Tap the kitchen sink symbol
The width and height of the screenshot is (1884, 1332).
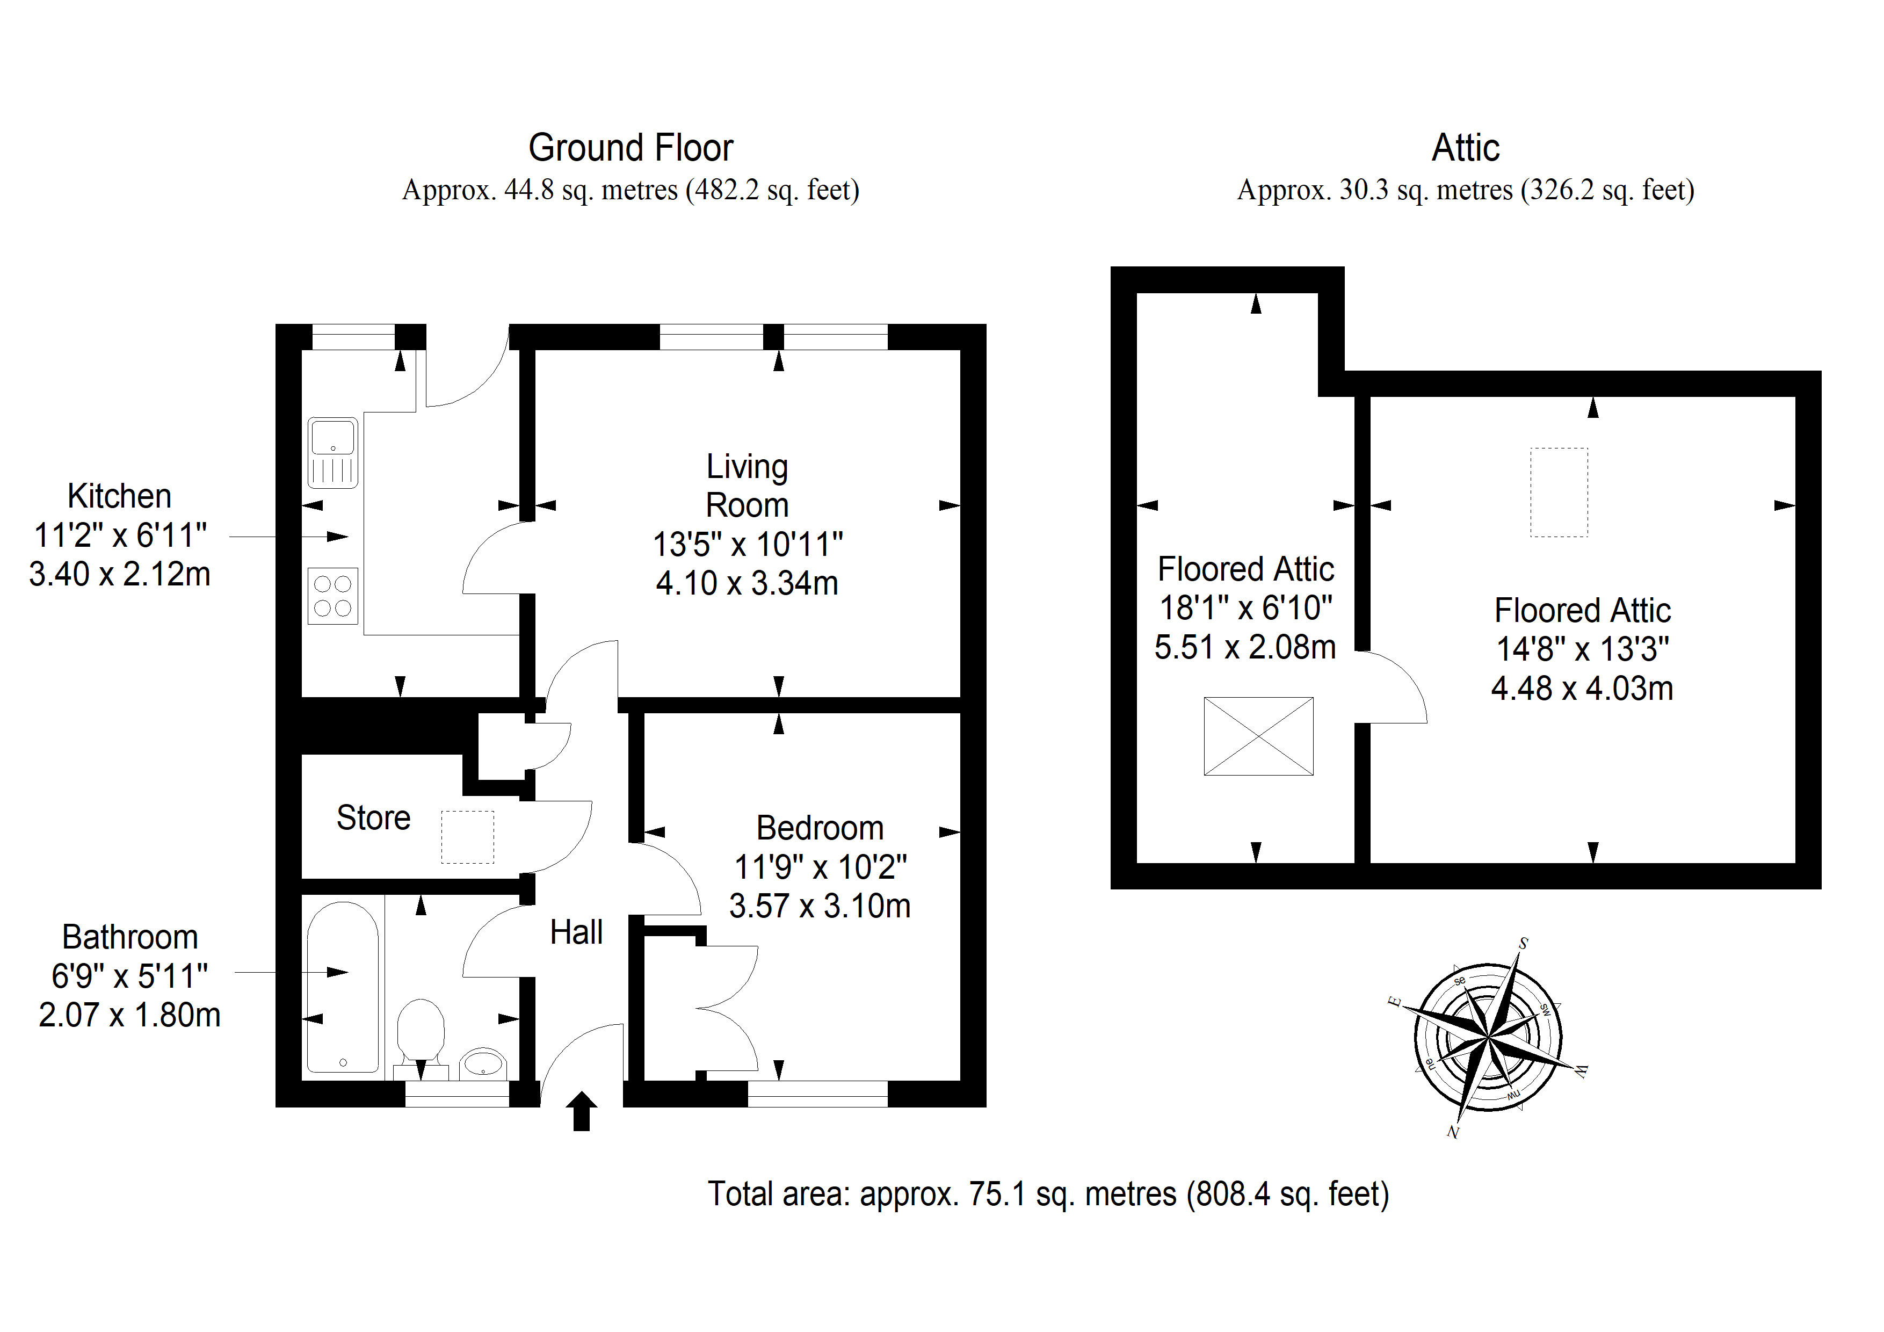coord(333,453)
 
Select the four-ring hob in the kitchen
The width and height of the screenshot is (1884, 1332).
coord(333,596)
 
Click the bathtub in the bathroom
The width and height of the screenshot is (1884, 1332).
coord(343,989)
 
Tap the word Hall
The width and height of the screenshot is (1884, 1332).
coord(576,932)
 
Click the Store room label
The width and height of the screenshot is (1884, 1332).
coord(373,817)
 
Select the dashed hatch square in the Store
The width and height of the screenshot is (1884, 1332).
coord(468,837)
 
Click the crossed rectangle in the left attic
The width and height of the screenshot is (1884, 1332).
coord(1259,736)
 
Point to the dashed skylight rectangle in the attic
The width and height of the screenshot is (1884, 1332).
coord(1559,493)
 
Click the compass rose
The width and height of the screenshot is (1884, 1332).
coord(1489,1039)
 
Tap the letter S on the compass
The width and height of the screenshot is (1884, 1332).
coord(1523,944)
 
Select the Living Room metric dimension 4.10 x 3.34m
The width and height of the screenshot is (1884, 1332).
coord(747,583)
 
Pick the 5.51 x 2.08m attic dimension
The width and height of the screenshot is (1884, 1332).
coord(1245,648)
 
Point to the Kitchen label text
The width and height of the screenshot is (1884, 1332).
coord(120,496)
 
